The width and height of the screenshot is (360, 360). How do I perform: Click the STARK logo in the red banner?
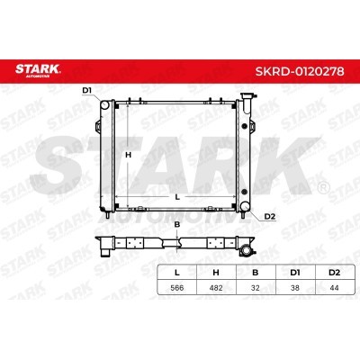click(38, 71)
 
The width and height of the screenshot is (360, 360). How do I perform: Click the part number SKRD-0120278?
click(300, 71)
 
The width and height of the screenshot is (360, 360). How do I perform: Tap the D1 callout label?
click(86, 90)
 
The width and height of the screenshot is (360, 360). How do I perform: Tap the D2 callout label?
click(270, 217)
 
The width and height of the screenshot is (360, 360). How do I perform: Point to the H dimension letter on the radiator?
click(128, 155)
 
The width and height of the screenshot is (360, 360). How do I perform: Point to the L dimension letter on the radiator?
click(177, 197)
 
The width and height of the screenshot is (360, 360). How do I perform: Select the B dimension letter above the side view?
click(177, 224)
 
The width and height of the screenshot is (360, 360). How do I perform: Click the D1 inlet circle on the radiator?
click(104, 105)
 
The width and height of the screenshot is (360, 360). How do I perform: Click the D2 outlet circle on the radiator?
click(245, 206)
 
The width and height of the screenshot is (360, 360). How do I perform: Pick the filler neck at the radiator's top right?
click(247, 103)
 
